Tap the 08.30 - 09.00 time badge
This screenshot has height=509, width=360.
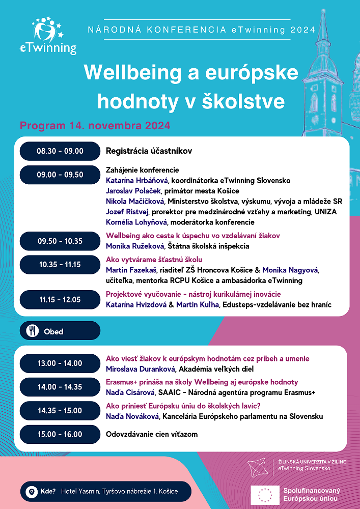coord(60,151)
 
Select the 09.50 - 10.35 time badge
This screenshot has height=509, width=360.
coord(60,241)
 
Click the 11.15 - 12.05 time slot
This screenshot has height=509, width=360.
coord(60,299)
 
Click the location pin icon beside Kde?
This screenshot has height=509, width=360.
coord(32,492)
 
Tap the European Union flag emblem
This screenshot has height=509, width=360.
coord(265,494)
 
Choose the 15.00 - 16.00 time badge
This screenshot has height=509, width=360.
coord(60,434)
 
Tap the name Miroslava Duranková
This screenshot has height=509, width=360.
coord(139,369)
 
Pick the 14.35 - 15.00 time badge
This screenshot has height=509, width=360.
coord(60,411)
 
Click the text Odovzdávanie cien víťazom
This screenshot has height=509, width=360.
coord(151,434)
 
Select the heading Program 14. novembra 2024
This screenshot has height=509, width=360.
coord(95,125)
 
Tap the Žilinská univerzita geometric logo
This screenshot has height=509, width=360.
coord(260,466)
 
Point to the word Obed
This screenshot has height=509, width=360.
coord(53,331)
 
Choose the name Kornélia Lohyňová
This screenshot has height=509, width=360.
coord(136,222)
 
